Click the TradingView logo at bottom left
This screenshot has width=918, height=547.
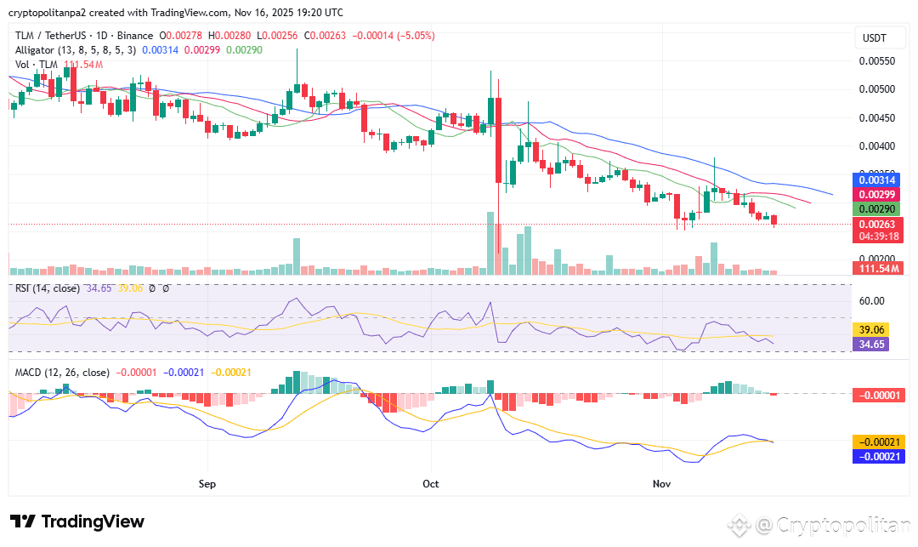77,521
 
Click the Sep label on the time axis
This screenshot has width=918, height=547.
207,484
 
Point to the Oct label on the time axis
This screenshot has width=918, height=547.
431,484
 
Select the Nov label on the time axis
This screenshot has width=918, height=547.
662,484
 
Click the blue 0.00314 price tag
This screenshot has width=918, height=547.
875,180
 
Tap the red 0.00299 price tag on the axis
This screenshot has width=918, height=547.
875,195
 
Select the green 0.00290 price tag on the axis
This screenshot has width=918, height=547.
875,209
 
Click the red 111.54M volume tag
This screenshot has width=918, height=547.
877,268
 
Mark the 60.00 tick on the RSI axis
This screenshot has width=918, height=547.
872,300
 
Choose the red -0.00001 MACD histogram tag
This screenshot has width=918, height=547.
876,395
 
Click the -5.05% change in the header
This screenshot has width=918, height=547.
416,36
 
